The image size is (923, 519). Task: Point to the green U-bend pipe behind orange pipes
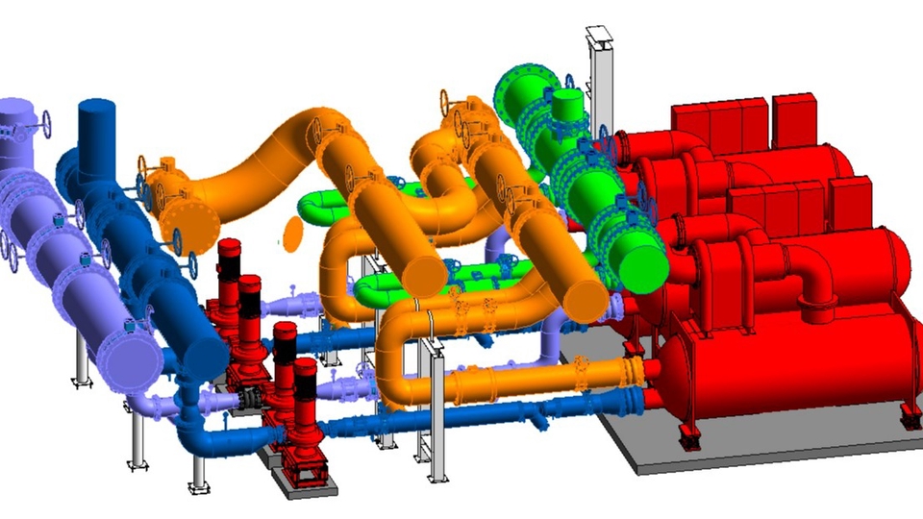(x=322, y=205)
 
